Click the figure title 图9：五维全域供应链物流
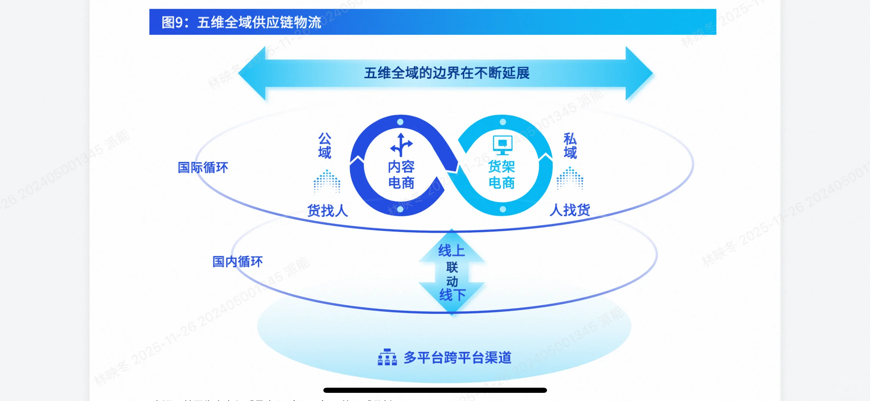[241, 22]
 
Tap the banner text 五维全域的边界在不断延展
[447, 73]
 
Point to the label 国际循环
[203, 167]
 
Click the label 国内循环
[237, 262]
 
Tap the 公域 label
[325, 146]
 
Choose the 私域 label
[570, 146]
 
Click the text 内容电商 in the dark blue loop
[401, 175]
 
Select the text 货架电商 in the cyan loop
[501, 175]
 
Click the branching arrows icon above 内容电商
[401, 144]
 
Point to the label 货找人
[327, 211]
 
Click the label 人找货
[570, 210]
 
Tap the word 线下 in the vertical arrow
[452, 295]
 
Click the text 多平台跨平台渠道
[457, 358]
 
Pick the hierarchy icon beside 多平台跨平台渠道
[387, 357]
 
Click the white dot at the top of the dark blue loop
[400, 122]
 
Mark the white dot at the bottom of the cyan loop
[503, 209]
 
